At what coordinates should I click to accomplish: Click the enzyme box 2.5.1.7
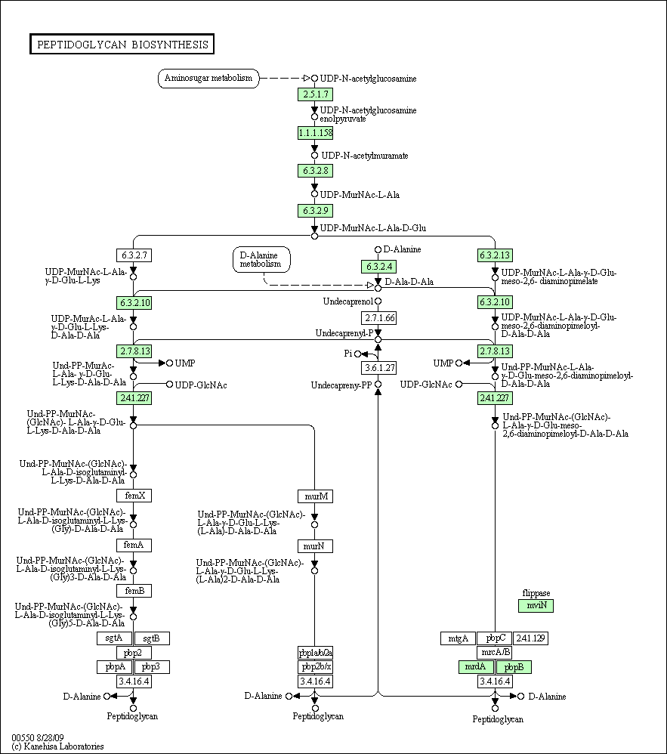(x=316, y=94)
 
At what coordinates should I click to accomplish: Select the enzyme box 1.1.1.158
(x=316, y=133)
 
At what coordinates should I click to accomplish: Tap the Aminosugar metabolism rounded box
(x=208, y=79)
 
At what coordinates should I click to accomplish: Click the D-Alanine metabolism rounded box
(x=261, y=260)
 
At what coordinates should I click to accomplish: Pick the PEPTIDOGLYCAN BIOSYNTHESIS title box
(x=122, y=45)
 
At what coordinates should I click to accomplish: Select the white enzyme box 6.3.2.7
(x=134, y=255)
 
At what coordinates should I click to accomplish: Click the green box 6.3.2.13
(x=495, y=255)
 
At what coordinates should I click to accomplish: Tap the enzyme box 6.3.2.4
(x=379, y=267)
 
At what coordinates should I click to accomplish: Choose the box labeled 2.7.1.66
(x=379, y=318)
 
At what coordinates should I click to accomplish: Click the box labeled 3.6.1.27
(x=379, y=368)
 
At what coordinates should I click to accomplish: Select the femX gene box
(x=134, y=496)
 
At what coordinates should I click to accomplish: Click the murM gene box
(x=316, y=496)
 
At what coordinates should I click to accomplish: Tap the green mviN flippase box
(x=536, y=605)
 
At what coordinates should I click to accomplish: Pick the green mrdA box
(x=476, y=667)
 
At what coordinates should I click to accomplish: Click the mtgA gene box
(x=459, y=638)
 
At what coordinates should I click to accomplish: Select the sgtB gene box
(x=152, y=638)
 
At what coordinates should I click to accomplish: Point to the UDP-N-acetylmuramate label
(x=365, y=156)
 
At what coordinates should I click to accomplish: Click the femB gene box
(x=134, y=591)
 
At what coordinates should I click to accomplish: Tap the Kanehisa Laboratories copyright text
(x=57, y=746)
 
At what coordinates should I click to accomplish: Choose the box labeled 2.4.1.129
(x=530, y=638)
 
